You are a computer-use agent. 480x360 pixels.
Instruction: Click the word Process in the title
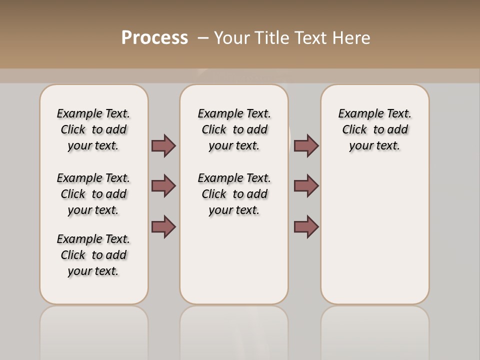coord(154,37)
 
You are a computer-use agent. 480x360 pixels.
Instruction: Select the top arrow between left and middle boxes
coord(163,145)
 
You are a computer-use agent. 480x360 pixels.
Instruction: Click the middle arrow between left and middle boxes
coord(163,186)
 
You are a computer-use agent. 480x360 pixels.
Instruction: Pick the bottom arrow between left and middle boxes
coord(163,226)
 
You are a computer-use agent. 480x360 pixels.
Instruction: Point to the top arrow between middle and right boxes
coord(306,145)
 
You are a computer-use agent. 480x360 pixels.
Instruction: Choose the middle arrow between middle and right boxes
coord(306,186)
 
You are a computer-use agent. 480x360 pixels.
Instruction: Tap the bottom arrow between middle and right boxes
coord(306,226)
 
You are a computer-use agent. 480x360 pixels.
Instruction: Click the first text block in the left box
coord(93,129)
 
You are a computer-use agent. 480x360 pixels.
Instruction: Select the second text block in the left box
coord(93,194)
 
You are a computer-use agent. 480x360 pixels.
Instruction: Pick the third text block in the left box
coord(93,255)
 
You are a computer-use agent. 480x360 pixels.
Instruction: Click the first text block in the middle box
coord(234,129)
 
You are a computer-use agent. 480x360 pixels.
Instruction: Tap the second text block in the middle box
coord(234,194)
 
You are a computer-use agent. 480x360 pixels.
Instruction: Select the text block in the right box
coord(374,129)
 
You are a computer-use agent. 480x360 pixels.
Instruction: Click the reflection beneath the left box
coord(93,330)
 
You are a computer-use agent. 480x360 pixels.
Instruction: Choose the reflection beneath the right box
coord(374,330)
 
